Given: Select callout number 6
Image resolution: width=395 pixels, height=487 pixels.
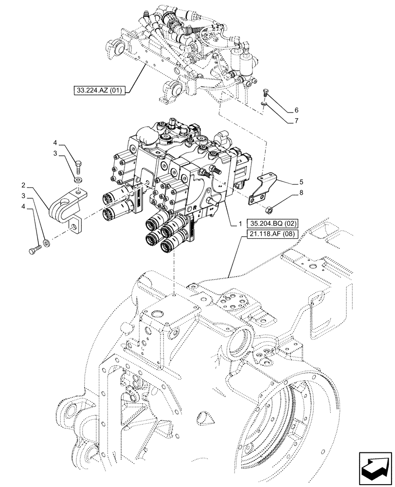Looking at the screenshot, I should pyautogui.click(x=296, y=111).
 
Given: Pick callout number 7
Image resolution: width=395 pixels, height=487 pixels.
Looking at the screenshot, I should pyautogui.click(x=296, y=121).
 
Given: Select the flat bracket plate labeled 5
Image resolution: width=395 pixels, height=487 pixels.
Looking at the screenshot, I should pyautogui.click(x=260, y=188).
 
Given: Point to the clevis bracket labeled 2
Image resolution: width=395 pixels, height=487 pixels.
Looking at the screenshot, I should pyautogui.click(x=65, y=207).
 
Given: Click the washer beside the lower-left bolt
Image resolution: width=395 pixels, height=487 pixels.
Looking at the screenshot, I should pyautogui.click(x=47, y=242).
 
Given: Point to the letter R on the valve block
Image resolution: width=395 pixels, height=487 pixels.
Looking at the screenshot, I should pyautogui.click(x=195, y=207).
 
